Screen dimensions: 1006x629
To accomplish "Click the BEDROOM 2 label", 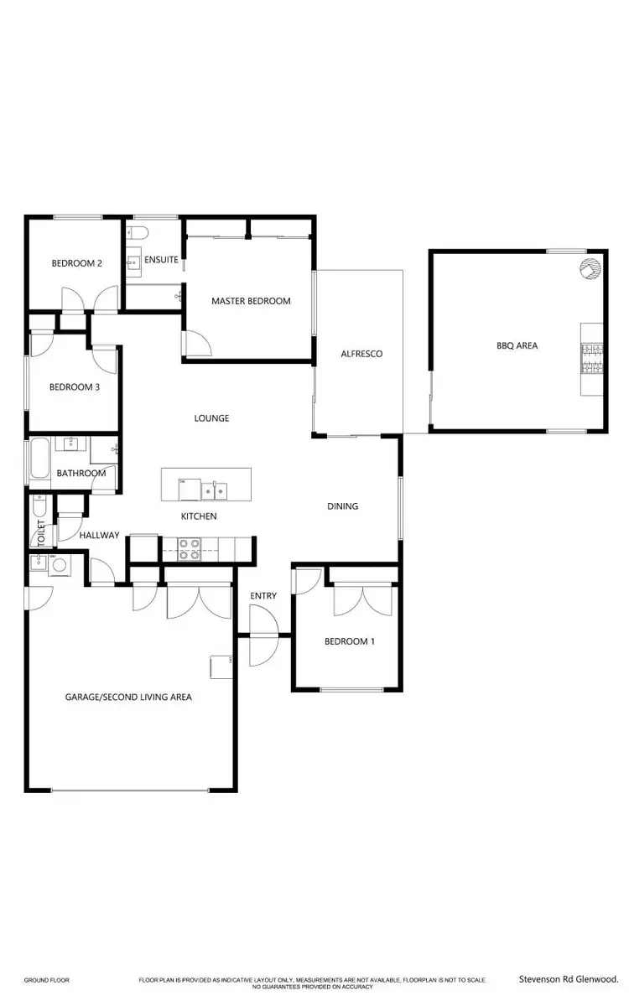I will pyautogui.click(x=76, y=263).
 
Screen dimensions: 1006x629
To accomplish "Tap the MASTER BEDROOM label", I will pyautogui.click(x=251, y=301).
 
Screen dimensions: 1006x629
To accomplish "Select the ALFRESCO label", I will pyautogui.click(x=361, y=354).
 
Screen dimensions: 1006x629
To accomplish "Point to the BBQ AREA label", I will pyautogui.click(x=517, y=345).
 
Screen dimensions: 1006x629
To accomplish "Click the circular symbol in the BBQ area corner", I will pyautogui.click(x=590, y=268).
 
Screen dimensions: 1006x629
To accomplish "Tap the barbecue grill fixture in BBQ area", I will pyautogui.click(x=591, y=359).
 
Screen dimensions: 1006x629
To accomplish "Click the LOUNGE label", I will pyautogui.click(x=211, y=418).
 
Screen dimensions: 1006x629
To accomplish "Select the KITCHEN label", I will pyautogui.click(x=199, y=516).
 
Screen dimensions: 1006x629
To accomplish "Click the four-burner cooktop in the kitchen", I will pyautogui.click(x=190, y=549).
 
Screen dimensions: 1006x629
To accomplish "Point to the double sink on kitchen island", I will pyautogui.click(x=217, y=488).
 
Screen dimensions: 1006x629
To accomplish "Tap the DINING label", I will pyautogui.click(x=342, y=506).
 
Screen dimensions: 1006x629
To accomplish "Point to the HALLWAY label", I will pyautogui.click(x=100, y=535).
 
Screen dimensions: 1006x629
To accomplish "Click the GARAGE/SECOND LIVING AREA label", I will pyautogui.click(x=128, y=697).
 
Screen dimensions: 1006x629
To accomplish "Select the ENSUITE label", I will pyautogui.click(x=161, y=260).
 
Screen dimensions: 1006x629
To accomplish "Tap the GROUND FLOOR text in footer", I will pyautogui.click(x=46, y=980).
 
